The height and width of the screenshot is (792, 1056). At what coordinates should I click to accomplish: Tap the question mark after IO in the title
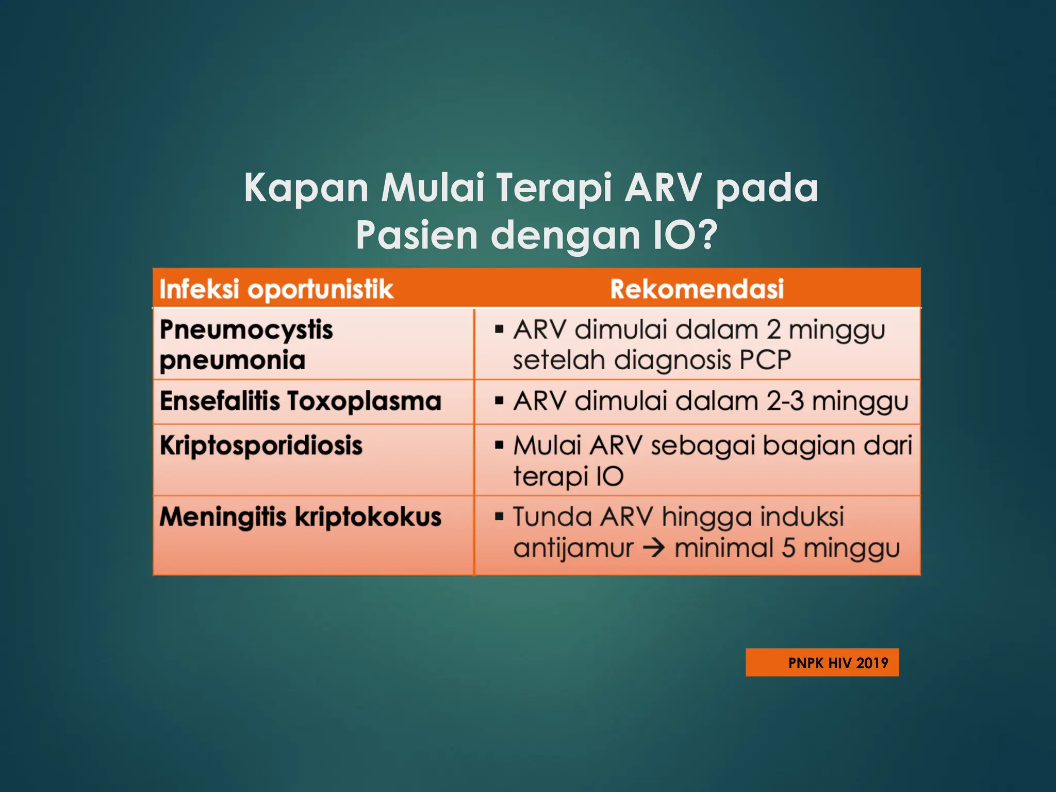[704, 235]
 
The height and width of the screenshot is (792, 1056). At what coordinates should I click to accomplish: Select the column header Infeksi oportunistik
[276, 289]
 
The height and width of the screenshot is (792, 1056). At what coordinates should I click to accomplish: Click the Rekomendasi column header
[697, 289]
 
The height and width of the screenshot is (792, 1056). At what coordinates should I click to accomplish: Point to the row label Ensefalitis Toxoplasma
[301, 401]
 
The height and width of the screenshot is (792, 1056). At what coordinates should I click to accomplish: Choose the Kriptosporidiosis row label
[261, 445]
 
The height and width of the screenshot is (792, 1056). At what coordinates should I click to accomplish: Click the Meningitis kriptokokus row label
[301, 517]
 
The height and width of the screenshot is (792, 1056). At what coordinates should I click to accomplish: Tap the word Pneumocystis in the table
[246, 330]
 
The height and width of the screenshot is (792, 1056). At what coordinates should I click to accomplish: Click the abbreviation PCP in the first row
[765, 360]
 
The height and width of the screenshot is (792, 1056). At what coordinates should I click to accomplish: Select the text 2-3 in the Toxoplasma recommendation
[785, 401]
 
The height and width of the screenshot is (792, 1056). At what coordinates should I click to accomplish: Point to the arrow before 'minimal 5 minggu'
[654, 548]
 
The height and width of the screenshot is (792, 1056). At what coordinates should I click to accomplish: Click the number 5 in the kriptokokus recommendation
[788, 548]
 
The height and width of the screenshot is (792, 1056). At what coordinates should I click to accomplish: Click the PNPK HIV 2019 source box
[822, 663]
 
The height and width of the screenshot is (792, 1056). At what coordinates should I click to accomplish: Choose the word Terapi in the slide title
[554, 188]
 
